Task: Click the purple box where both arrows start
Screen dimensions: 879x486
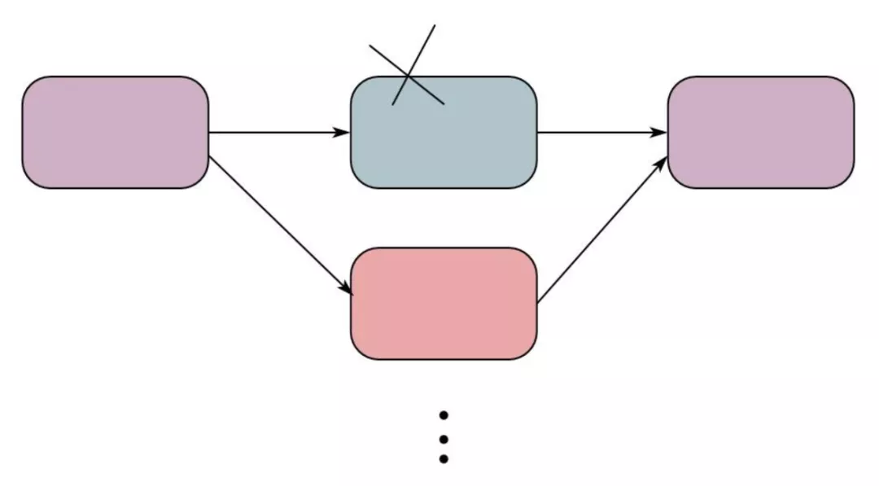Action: pos(115,133)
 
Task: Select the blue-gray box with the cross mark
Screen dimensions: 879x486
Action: pos(444,142)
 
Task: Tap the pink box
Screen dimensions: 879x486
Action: pos(444,303)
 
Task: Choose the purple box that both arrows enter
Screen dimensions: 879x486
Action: pos(761,133)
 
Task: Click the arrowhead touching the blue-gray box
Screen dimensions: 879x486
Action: pos(343,133)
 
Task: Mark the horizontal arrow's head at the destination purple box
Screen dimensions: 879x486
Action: pos(660,133)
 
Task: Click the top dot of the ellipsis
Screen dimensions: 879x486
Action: pos(444,415)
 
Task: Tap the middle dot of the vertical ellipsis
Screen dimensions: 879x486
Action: pos(444,438)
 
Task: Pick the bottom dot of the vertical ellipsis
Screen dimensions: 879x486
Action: pos(444,459)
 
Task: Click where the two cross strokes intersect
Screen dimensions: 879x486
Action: pos(408,76)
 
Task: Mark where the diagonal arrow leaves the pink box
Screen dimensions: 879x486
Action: pos(538,302)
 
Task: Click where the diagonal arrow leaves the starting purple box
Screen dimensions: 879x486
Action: pos(210,156)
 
